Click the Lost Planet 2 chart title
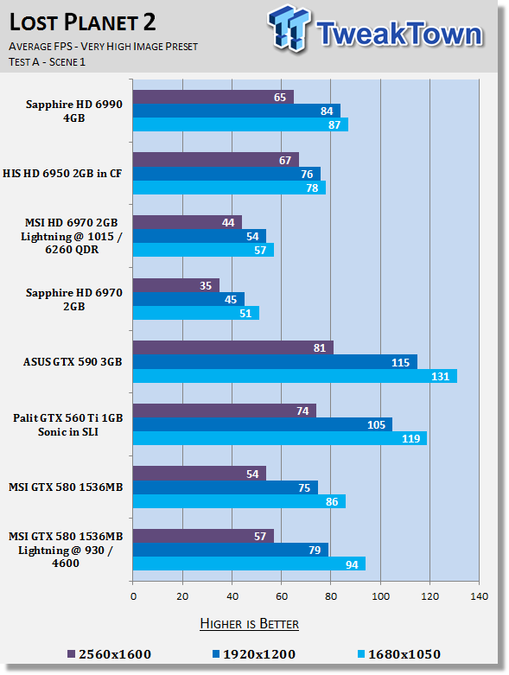point(82,22)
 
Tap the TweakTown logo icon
point(289,29)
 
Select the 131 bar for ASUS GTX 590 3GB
point(295,376)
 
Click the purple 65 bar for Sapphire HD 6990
point(213,97)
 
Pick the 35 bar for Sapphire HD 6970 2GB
point(176,285)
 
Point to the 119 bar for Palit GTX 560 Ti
point(280,438)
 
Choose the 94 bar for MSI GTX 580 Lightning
point(249,564)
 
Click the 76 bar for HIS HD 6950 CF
point(226,174)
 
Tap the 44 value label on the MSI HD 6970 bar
point(228,223)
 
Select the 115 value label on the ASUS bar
point(400,362)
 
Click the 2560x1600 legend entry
point(109,654)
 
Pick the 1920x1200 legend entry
point(254,654)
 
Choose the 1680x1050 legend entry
point(399,654)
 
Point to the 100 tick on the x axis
point(380,596)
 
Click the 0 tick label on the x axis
point(133,596)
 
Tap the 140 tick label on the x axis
point(479,596)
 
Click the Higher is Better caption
point(249,624)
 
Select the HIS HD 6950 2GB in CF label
point(62,174)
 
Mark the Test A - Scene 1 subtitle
point(47,62)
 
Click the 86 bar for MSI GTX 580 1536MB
point(239,501)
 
